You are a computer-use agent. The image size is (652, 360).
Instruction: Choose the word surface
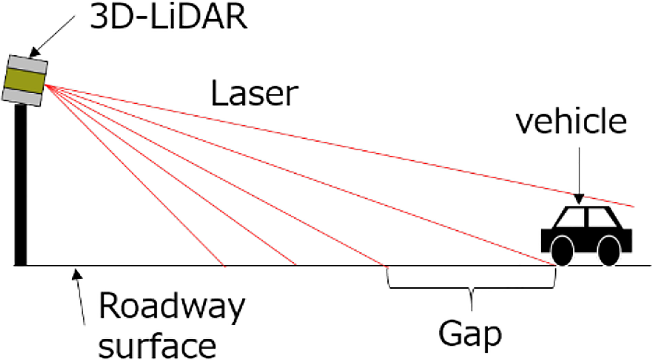click(x=157, y=345)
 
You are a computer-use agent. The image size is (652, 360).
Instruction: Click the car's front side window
click(x=571, y=218)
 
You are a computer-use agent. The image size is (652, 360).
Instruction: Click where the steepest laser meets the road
click(x=224, y=265)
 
